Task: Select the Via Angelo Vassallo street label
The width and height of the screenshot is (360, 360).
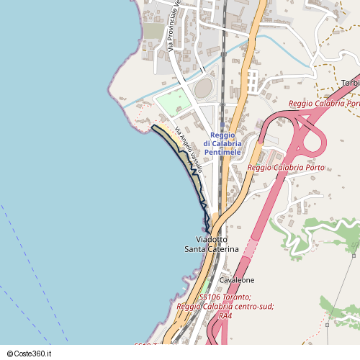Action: coord(185,145)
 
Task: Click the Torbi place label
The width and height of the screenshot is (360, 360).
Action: coord(351,83)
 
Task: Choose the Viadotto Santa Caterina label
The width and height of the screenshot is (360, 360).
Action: coord(211,243)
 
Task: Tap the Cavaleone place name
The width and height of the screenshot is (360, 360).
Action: coord(237,279)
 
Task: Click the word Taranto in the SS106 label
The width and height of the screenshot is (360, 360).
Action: coord(237,297)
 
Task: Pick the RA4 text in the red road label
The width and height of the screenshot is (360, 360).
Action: coord(225,315)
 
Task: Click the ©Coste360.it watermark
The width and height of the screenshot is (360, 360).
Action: coord(35,354)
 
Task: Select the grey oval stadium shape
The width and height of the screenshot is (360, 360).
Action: coord(204,89)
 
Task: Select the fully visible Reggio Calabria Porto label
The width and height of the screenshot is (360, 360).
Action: coord(286,168)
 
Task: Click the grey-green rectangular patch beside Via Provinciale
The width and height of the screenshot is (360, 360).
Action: coord(153,32)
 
